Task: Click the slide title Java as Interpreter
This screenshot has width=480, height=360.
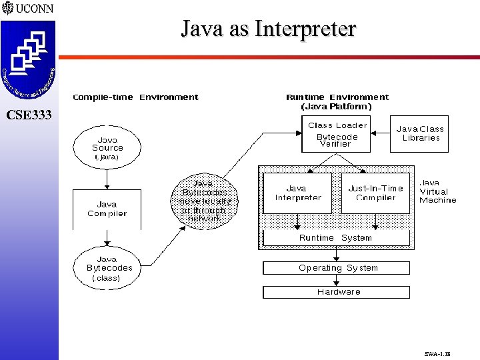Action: pos(269,29)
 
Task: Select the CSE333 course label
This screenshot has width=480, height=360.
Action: pos(29,115)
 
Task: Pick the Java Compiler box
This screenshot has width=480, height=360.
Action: pos(107,209)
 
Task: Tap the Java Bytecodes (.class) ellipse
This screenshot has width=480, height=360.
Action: pos(107,268)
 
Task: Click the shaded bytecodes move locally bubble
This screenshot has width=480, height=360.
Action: pos(205,201)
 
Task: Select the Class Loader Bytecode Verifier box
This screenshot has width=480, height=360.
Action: pos(338,134)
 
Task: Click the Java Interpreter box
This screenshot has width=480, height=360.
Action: pos(297,193)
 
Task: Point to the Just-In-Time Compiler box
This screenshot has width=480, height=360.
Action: pos(375,193)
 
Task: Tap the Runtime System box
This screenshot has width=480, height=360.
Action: pos(335,238)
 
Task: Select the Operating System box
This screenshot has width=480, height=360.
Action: pos(337,268)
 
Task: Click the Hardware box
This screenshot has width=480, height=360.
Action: pos(337,292)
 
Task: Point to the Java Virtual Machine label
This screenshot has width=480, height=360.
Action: pos(437,191)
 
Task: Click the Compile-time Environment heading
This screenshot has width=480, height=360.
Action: pos(135,97)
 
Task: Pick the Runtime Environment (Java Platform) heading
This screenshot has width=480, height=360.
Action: pos(337,101)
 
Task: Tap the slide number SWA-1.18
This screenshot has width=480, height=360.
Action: pos(437,355)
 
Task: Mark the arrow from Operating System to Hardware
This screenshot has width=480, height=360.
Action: pos(337,280)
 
